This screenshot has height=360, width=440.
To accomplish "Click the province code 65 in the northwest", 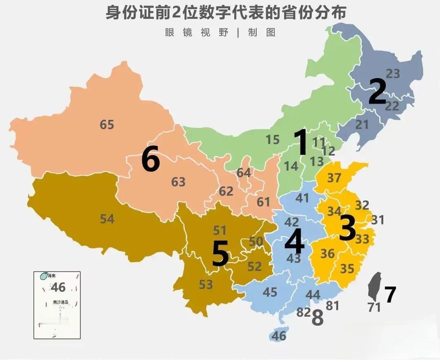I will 107,124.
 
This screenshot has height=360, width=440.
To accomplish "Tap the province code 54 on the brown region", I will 107,219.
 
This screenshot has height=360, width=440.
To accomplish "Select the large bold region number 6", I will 150,160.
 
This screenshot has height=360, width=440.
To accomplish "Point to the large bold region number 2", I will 377,92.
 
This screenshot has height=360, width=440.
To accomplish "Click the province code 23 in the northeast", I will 393,74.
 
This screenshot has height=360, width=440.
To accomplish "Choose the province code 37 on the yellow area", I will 334,178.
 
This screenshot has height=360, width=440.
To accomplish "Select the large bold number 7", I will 390,295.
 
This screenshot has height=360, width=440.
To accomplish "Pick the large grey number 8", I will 317,318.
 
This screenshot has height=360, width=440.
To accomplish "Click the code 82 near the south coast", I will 304,313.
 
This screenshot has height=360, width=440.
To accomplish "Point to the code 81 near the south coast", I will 332,305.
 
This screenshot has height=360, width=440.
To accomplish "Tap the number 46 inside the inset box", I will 58,288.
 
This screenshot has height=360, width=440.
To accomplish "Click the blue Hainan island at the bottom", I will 278,334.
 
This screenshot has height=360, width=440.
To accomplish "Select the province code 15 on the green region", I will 273,140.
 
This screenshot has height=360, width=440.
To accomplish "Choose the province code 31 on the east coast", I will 378,220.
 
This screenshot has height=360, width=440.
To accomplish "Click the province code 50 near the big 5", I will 256,241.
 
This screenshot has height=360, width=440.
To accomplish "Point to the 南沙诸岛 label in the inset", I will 61,303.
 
